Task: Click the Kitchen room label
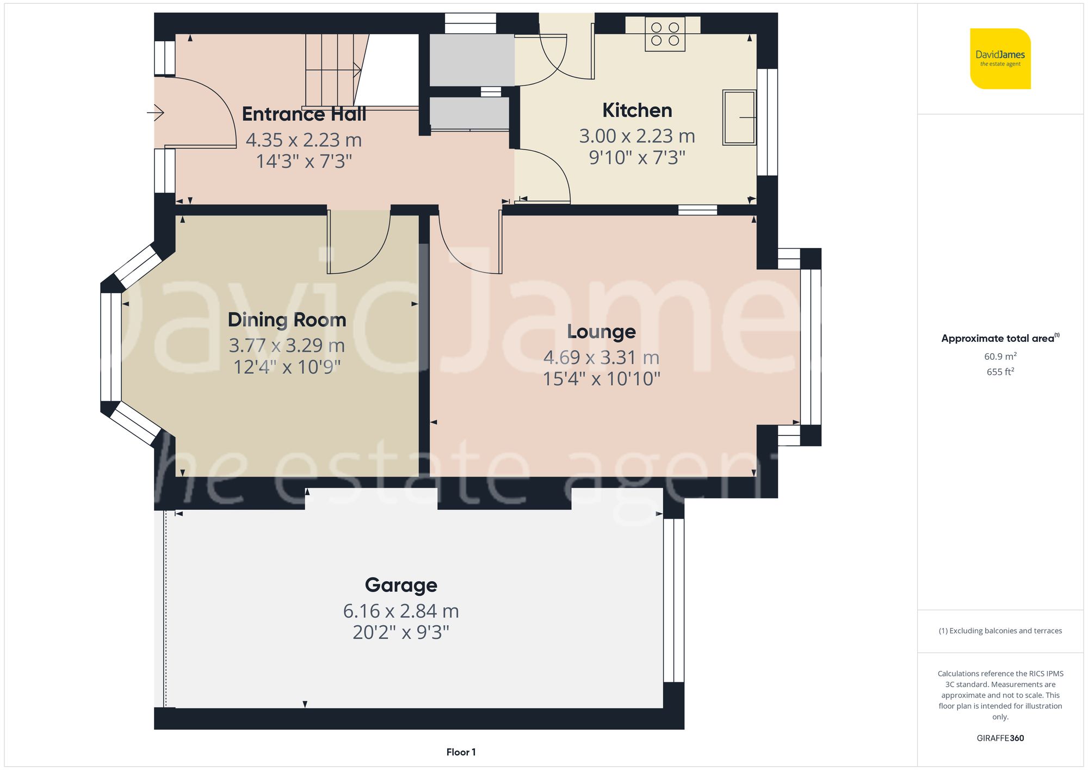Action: (637, 110)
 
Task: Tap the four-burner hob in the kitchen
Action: (665, 34)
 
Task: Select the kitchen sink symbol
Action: (739, 118)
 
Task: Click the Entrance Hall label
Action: (304, 114)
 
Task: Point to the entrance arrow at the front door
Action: (156, 113)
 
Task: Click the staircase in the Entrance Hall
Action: (333, 70)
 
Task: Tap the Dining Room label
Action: (287, 320)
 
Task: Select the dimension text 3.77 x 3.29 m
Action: (287, 345)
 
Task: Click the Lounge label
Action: (601, 331)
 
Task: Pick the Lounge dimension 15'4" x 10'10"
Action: (601, 379)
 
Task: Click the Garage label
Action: (401, 585)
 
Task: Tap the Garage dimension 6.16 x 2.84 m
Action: (401, 611)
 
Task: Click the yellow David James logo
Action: (1000, 59)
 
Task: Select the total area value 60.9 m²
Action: (1000, 356)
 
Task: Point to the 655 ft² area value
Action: (1000, 372)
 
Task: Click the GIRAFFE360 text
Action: (1000, 738)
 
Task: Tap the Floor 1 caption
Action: (461, 752)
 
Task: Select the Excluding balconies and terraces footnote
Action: (1000, 631)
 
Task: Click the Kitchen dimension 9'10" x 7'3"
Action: (637, 158)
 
